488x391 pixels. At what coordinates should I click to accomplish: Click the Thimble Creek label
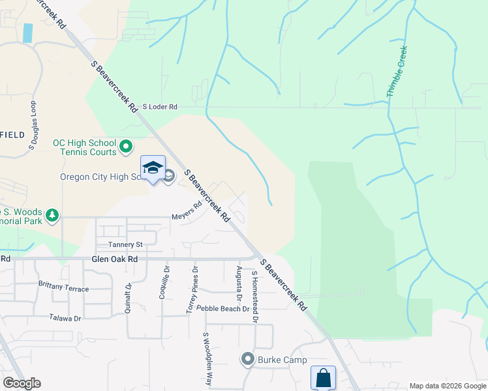[397, 72]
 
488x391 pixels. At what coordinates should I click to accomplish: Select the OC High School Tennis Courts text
[84, 147]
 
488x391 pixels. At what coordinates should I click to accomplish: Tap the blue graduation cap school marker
[153, 168]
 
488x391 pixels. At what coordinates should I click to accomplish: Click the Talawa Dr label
[65, 319]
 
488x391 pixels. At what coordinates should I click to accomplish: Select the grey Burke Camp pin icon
[247, 359]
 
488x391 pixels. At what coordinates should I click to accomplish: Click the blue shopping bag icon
[323, 377]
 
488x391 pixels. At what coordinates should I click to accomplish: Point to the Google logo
[22, 383]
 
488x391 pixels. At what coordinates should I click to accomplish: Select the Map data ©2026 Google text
[447, 386]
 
